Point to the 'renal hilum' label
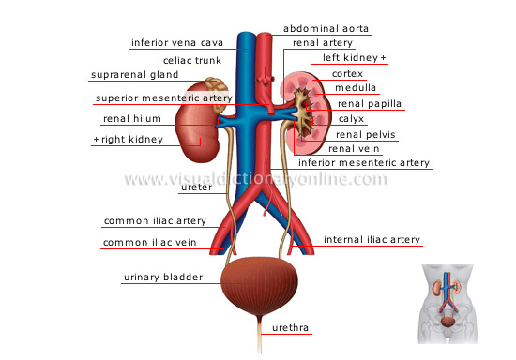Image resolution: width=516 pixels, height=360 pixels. click(133, 120)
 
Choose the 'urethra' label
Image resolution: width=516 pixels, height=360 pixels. click(292, 328)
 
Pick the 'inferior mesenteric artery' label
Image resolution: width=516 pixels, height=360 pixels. click(364, 162)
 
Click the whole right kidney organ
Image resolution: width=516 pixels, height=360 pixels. click(199, 125)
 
